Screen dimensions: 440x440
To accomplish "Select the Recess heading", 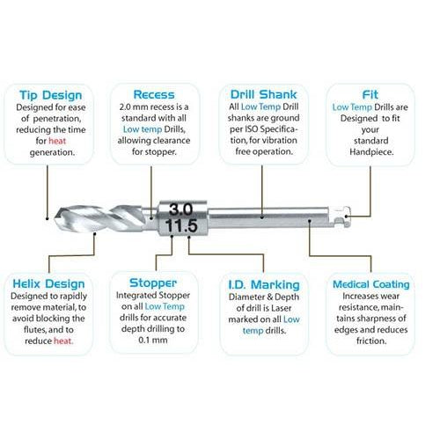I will coord(154,93).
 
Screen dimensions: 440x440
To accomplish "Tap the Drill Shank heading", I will coord(263,93).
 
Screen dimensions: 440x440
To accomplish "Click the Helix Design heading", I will coord(50,283).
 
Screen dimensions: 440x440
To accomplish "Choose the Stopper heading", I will coord(153,283).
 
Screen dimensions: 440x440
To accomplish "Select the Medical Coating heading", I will coord(370,284).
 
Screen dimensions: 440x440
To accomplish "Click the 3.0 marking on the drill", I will coord(180,209).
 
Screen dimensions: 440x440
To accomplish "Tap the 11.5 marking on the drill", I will coord(180,226).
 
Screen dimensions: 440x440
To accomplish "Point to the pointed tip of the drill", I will coord(55,216).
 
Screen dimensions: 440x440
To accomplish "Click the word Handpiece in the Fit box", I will coord(370,150).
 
